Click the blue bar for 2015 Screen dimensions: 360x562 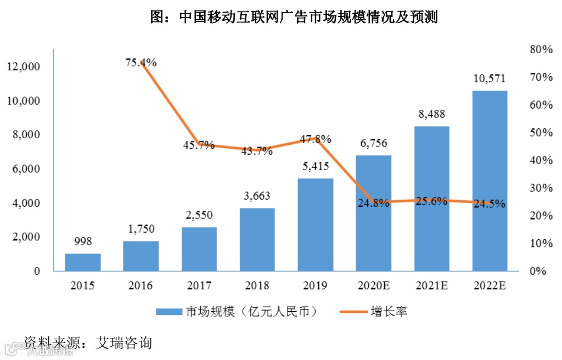(83, 262)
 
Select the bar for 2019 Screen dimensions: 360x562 (316, 224)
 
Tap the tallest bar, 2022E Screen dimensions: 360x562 (490, 181)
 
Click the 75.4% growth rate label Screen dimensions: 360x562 (141, 63)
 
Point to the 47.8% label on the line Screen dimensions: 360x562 (316, 139)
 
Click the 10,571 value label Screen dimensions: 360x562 (490, 79)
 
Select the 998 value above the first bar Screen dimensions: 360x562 (83, 241)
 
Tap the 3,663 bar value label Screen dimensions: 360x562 (257, 196)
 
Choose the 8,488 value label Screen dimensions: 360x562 (431, 114)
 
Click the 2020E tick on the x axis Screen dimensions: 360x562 (373, 286)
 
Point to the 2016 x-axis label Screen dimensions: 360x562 (140, 286)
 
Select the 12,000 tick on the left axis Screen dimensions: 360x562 (24, 67)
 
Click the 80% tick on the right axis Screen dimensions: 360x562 (541, 49)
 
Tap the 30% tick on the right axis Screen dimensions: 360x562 (541, 188)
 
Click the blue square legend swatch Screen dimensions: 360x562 (169, 312)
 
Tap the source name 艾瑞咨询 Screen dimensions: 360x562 (123, 343)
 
